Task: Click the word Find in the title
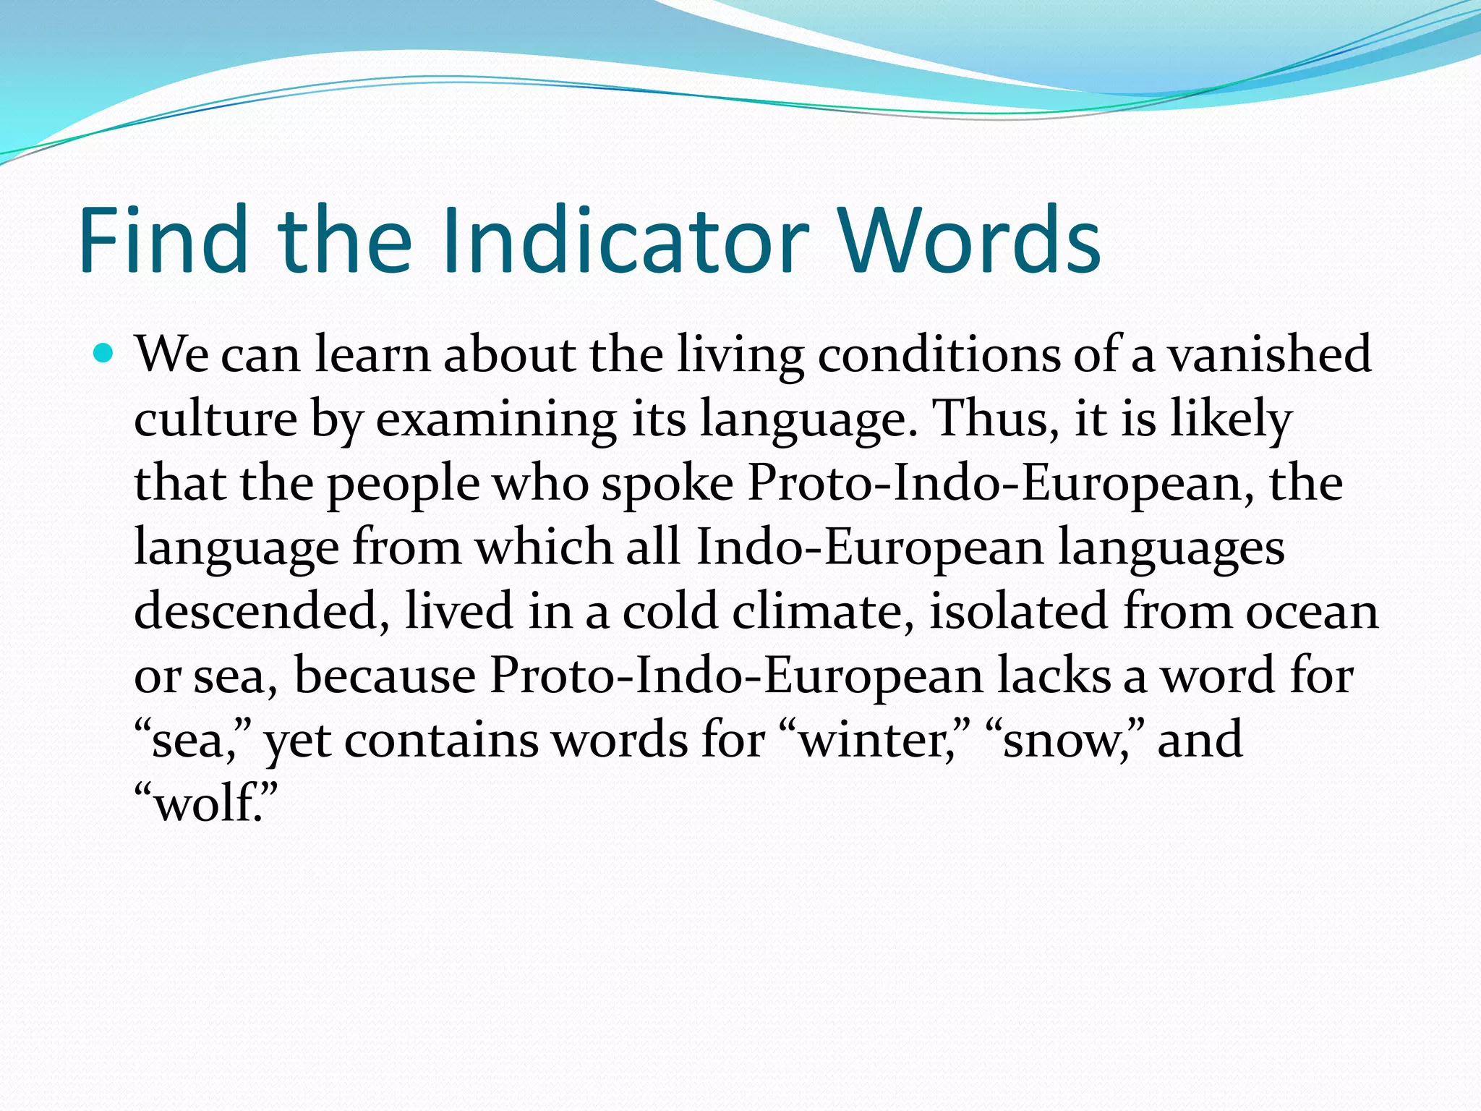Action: tap(163, 240)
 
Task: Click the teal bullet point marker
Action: tap(104, 354)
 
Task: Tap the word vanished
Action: tap(1270, 354)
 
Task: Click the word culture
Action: tap(215, 419)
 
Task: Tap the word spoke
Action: tap(667, 483)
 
